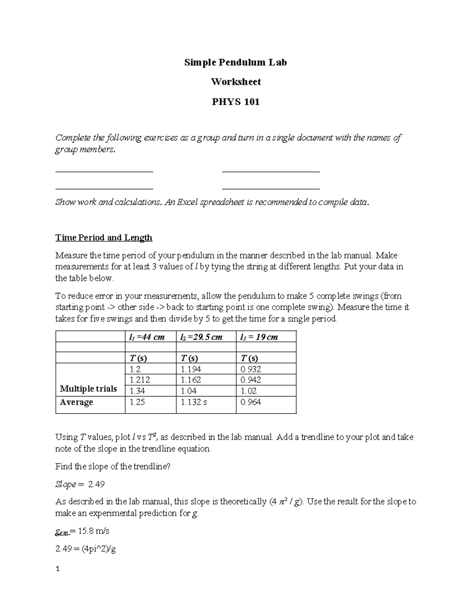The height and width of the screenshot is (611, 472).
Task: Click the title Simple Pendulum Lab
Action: [236, 62]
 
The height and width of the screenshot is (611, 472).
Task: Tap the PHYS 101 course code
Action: [236, 102]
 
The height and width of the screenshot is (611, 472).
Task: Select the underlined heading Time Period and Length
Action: [104, 238]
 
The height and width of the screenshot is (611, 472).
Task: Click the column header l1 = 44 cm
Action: [147, 337]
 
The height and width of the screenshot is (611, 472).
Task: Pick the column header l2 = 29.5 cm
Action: [201, 337]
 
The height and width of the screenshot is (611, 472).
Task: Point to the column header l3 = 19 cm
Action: [259, 337]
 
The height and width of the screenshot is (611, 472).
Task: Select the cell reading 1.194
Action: [191, 369]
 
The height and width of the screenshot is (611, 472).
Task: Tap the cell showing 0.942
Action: [251, 380]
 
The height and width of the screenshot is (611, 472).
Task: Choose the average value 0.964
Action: [251, 402]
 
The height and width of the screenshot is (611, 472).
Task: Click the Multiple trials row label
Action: [88, 389]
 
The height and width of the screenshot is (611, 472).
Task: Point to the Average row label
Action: [76, 402]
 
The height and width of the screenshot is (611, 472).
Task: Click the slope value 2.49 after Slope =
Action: [96, 484]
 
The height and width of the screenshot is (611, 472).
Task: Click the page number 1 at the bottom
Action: [57, 569]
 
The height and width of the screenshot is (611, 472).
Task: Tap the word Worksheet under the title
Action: [236, 82]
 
